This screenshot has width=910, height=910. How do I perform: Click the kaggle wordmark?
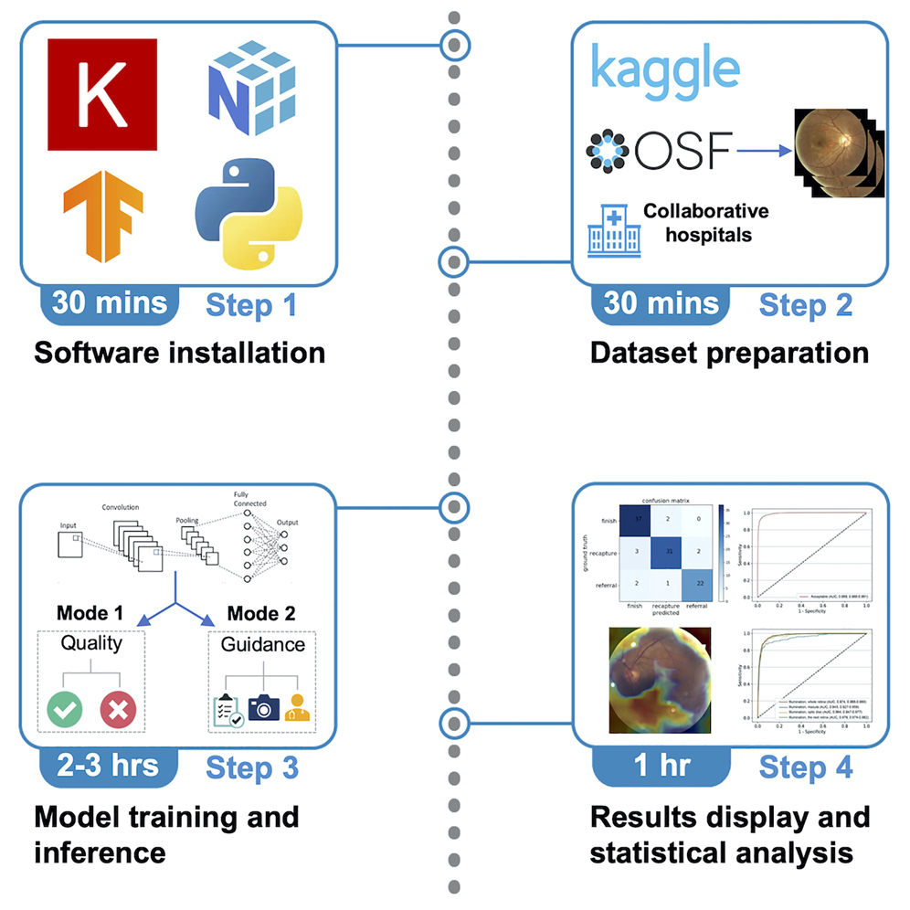[x=664, y=70]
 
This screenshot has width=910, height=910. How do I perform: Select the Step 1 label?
[x=251, y=304]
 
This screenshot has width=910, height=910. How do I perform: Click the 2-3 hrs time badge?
[x=106, y=767]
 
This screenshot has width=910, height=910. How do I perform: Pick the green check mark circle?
[x=68, y=709]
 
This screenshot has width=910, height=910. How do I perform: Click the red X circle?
[x=119, y=709]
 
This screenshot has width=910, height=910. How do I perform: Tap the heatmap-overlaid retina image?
[x=659, y=682]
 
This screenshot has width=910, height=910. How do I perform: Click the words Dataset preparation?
[x=728, y=352]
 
